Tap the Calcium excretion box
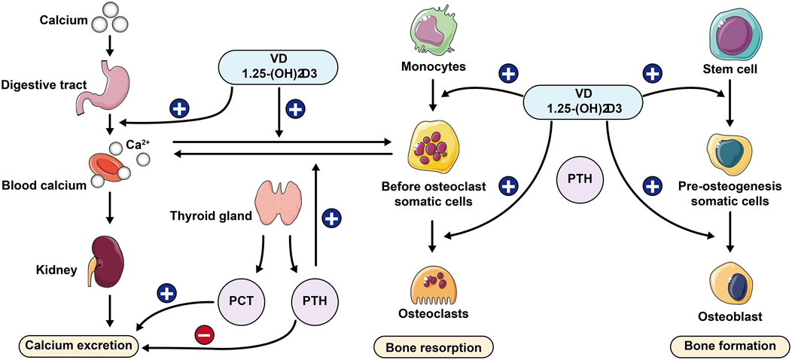pyautogui.click(x=82, y=346)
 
